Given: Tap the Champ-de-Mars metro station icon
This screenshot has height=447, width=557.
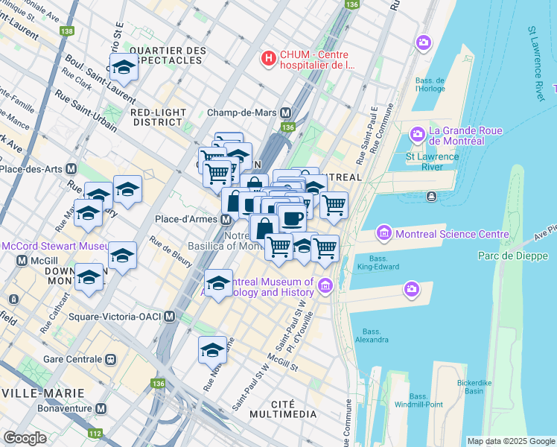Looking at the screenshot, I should tap(285, 113).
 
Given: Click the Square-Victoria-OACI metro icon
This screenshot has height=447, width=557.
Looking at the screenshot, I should tap(170, 317).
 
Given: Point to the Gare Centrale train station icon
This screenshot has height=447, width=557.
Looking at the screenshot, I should tap(111, 358).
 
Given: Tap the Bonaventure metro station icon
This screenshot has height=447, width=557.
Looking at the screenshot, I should tap(99, 409).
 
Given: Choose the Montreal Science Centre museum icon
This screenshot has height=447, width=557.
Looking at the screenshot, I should tap(384, 233).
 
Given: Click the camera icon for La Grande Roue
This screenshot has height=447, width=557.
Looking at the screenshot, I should tap(416, 135).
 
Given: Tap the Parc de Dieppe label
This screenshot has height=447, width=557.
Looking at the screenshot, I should tap(512, 256).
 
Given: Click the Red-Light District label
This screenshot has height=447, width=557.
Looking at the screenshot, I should tap(157, 117).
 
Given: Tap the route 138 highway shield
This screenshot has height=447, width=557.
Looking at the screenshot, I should tap(68, 31).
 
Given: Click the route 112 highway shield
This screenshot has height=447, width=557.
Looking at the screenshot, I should tap(95, 433).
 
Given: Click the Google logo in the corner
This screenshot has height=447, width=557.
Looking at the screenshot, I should tap(25, 438).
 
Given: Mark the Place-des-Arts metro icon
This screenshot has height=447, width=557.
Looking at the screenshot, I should tap(71, 168).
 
